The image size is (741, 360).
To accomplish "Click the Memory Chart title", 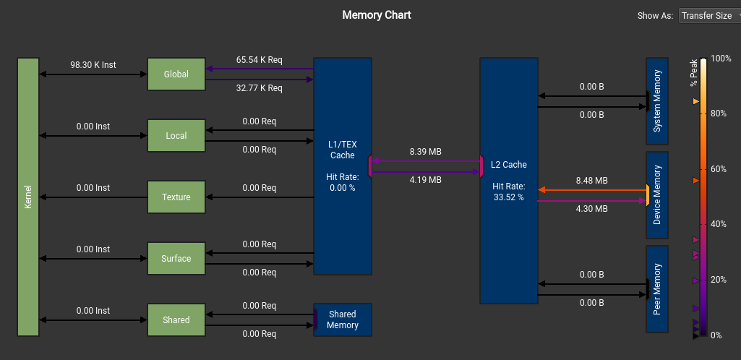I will pyautogui.click(x=377, y=14).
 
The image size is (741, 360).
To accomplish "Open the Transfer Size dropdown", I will pyautogui.click(x=708, y=15).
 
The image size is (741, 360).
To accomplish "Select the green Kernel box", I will pyautogui.click(x=28, y=197).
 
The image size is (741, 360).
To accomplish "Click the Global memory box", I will pyautogui.click(x=176, y=74).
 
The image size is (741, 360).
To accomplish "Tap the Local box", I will pyautogui.click(x=176, y=136).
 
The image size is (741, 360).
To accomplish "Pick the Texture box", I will pyautogui.click(x=176, y=197).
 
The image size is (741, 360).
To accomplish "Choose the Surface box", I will pyautogui.click(x=176, y=259).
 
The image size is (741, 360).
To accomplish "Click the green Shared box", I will pyautogui.click(x=176, y=320).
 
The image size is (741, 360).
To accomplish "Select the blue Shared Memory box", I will pyautogui.click(x=342, y=320).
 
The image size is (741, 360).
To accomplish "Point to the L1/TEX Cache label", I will pyautogui.click(x=342, y=150).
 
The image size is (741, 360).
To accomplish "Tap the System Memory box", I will pyautogui.click(x=656, y=101).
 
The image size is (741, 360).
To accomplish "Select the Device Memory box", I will pyautogui.click(x=656, y=195).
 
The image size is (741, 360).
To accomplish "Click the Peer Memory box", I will pyautogui.click(x=656, y=288).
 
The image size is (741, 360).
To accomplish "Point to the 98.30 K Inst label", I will pyautogui.click(x=93, y=65).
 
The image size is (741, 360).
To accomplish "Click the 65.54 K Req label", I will pyautogui.click(x=259, y=59).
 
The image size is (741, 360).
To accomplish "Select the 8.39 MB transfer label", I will pyautogui.click(x=425, y=152).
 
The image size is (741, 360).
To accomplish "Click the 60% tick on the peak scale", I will pyautogui.click(x=717, y=169).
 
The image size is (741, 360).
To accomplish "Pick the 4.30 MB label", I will pyautogui.click(x=591, y=209).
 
